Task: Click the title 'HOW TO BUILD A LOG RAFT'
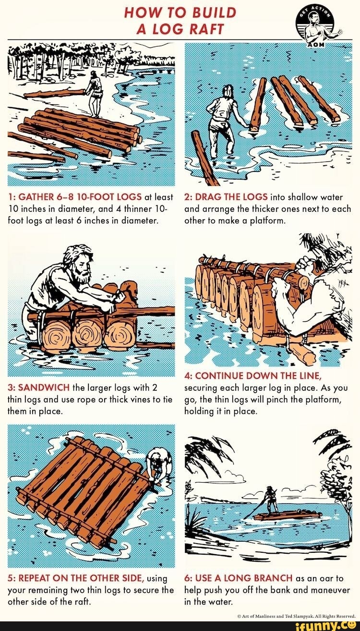click(x=180, y=20)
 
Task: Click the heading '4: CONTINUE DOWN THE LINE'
click(x=253, y=376)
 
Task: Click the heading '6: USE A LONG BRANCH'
click(x=239, y=578)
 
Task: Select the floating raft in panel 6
click(x=287, y=516)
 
